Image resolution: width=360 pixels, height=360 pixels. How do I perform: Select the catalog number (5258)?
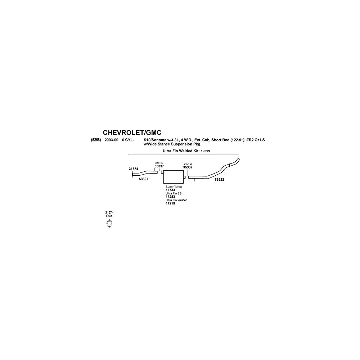tap(96, 140)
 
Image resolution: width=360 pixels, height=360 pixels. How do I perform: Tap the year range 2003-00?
tap(111, 140)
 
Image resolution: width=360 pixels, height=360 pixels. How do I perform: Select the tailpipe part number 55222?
tap(219, 179)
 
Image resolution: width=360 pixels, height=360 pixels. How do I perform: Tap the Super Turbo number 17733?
tap(170, 190)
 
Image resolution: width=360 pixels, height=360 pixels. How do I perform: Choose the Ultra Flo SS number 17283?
tap(170, 197)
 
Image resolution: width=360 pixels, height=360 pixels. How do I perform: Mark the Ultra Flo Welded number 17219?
tap(170, 203)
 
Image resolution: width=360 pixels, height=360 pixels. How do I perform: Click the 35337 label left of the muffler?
tap(159, 166)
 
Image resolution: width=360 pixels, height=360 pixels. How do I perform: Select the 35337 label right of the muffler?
tap(188, 167)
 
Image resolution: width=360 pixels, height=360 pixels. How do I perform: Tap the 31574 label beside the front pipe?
tap(134, 168)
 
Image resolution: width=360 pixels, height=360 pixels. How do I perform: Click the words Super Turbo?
tap(174, 187)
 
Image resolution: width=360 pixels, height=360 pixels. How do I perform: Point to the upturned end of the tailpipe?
tap(236, 160)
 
